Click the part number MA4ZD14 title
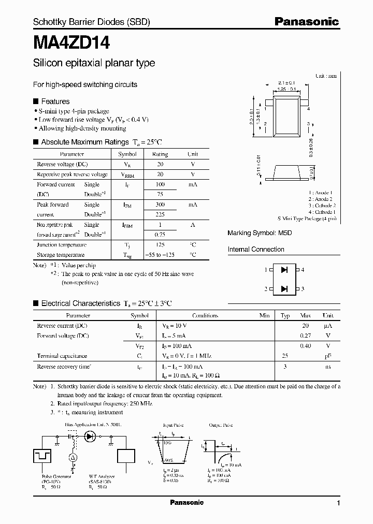click(71, 42)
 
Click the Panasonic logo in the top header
click(306, 22)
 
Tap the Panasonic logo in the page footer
click(187, 503)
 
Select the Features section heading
click(55, 101)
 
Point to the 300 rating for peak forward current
click(160, 205)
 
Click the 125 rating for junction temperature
click(160, 245)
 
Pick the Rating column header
click(160, 154)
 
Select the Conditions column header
click(205, 315)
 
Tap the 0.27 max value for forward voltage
click(305, 336)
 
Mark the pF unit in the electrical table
click(328, 356)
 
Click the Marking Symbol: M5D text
click(260, 233)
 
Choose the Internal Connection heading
click(256, 250)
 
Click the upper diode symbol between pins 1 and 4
click(284, 270)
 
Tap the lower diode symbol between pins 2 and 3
click(284, 288)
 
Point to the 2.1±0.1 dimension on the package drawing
click(286, 83)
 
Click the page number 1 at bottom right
click(338, 503)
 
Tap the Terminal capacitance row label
click(62, 356)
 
